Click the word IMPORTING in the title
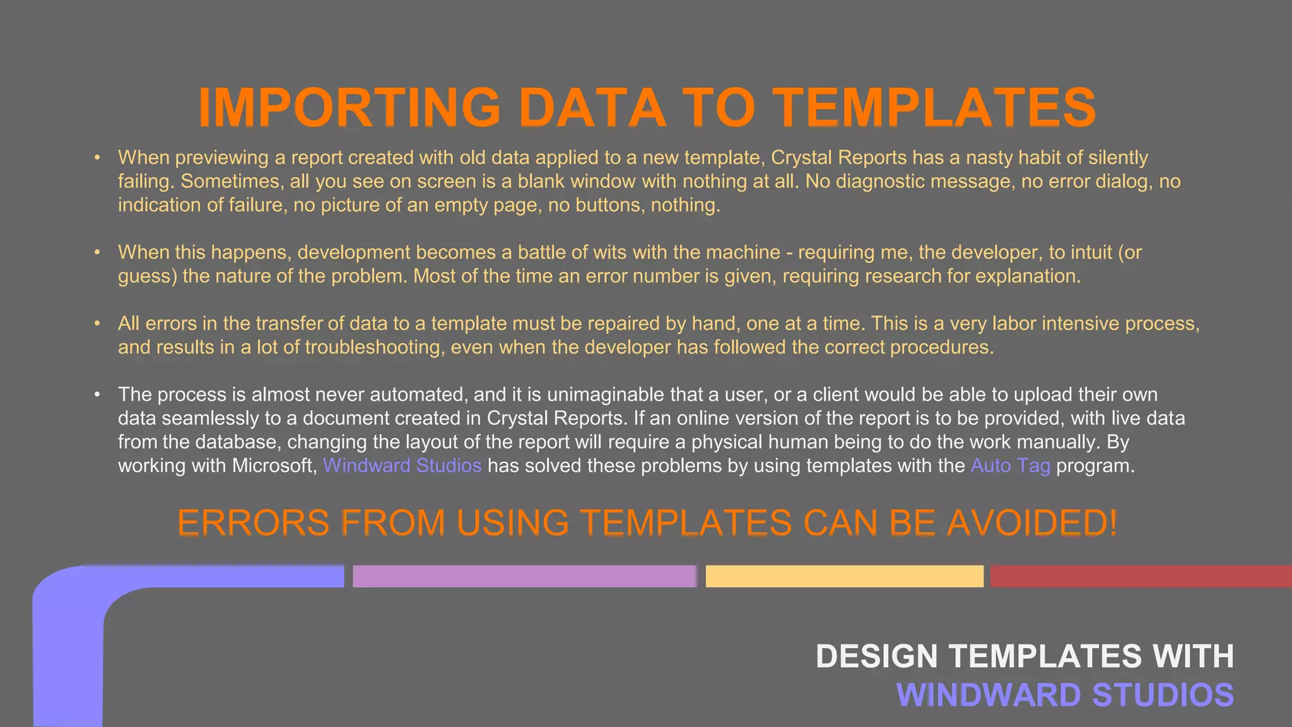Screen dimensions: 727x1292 pyautogui.click(x=349, y=107)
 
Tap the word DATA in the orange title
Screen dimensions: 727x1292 pyautogui.click(x=592, y=107)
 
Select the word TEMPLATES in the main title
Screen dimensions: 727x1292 pyautogui.click(x=935, y=107)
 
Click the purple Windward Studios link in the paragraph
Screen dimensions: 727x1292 pyautogui.click(x=402, y=466)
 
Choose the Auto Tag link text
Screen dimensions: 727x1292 pyautogui.click(x=1010, y=466)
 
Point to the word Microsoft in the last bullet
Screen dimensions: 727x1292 pyautogui.click(x=274, y=466)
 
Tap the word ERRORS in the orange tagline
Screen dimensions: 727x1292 pyautogui.click(x=253, y=523)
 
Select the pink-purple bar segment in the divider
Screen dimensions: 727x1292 pyautogui.click(x=524, y=576)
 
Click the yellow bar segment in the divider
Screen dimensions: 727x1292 pyautogui.click(x=844, y=576)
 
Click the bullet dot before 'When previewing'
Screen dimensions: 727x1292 pyautogui.click(x=97, y=157)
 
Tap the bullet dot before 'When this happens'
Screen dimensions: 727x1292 pyautogui.click(x=97, y=252)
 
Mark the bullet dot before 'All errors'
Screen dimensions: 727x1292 pyautogui.click(x=97, y=323)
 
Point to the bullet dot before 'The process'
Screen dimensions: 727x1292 pyautogui.click(x=97, y=394)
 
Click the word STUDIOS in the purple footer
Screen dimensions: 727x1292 pyautogui.click(x=1163, y=695)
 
